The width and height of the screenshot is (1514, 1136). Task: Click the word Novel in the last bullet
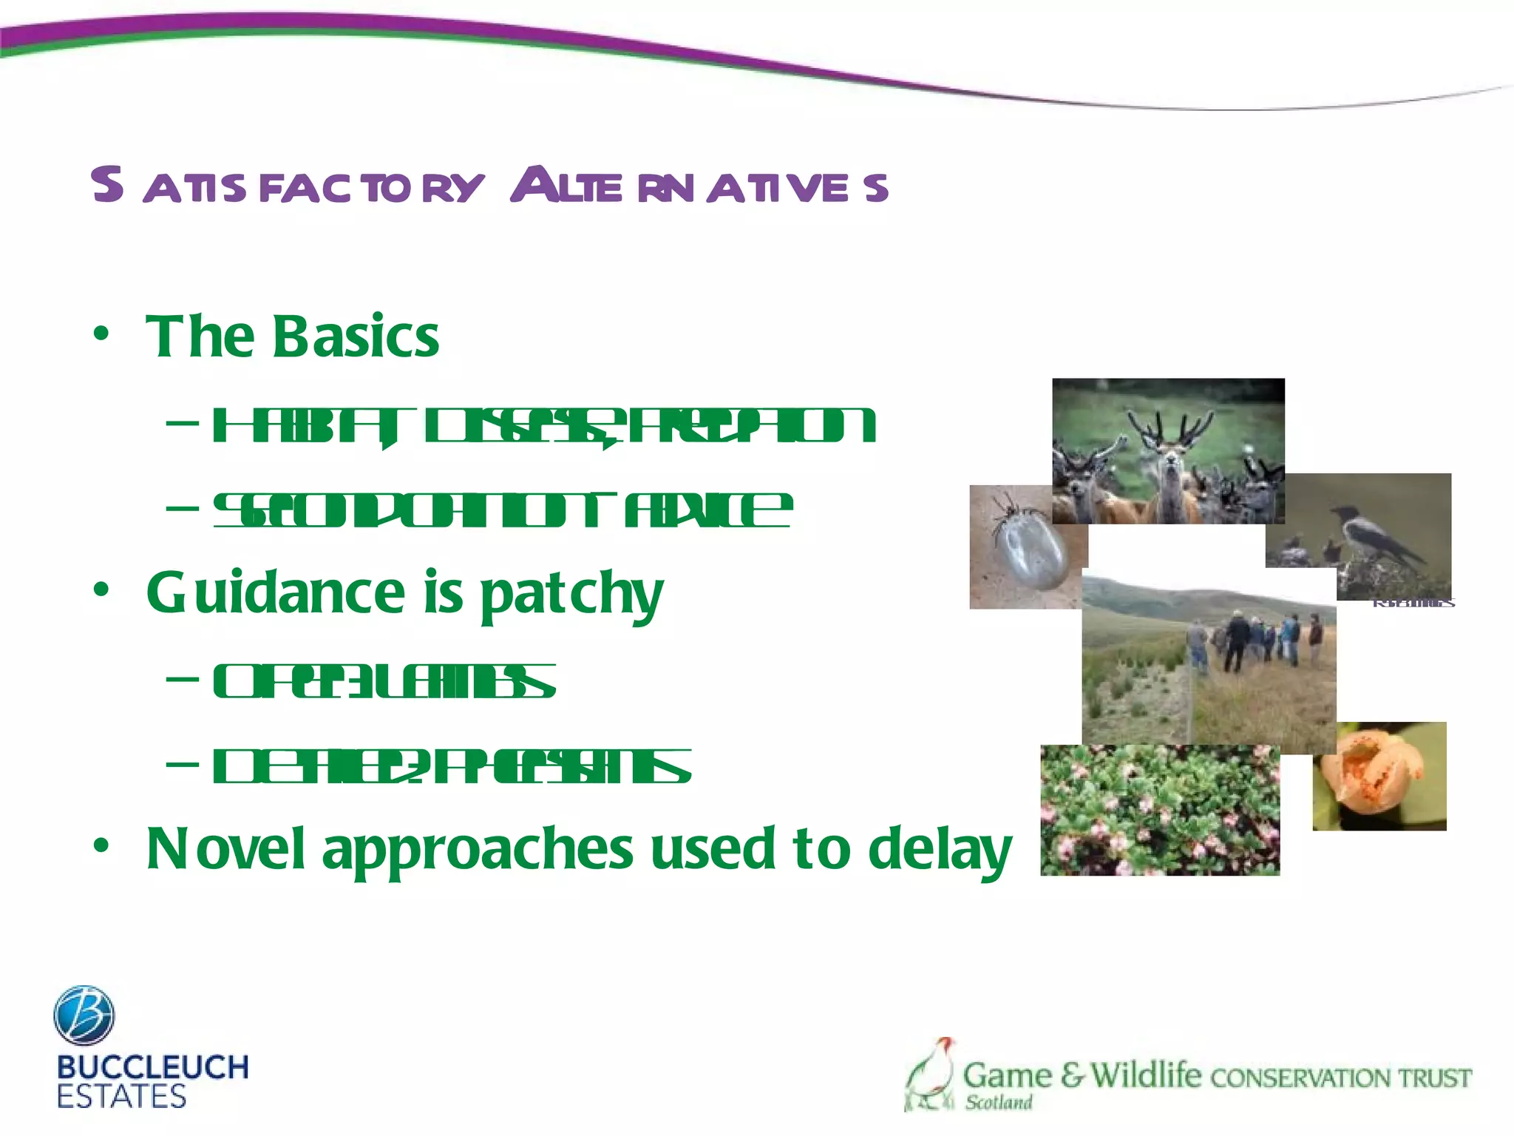point(225,849)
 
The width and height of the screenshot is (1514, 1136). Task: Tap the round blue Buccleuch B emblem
point(84,1015)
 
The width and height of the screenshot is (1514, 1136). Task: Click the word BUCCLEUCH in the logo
point(152,1067)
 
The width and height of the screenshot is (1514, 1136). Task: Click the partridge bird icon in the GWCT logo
point(931,1075)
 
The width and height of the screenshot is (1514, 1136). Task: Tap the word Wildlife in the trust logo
point(1145,1075)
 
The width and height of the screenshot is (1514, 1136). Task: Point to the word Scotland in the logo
point(998,1103)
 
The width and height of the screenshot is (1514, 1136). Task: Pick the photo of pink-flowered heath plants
point(1159,811)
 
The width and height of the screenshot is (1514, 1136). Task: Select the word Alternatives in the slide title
point(699,186)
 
